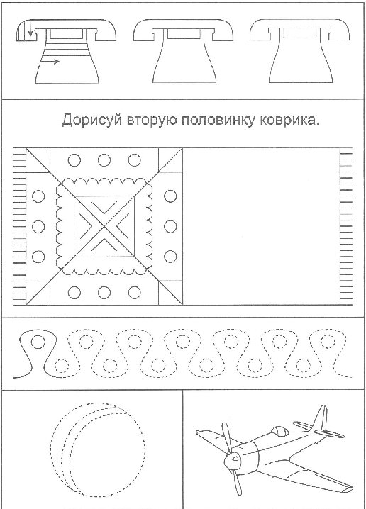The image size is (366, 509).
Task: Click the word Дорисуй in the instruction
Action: pyautogui.click(x=92, y=121)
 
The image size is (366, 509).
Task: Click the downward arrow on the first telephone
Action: pyautogui.click(x=30, y=28)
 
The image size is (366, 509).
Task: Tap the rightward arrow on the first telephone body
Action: pyautogui.click(x=50, y=61)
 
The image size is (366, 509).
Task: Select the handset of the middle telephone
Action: pyautogui.click(x=184, y=30)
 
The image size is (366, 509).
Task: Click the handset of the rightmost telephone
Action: pyautogui.click(x=300, y=30)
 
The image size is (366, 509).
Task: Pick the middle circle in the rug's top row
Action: pyautogui.click(x=104, y=160)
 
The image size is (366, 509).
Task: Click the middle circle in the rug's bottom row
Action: pyautogui.click(x=104, y=292)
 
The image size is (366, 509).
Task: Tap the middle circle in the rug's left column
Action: pyautogui.click(x=38, y=226)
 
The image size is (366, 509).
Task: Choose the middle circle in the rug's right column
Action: pyautogui.click(x=170, y=226)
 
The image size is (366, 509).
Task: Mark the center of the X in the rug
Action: pyautogui.click(x=104, y=226)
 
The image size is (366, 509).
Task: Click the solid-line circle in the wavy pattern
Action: pyautogui.click(x=38, y=342)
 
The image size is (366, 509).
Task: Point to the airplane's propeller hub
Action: pyautogui.click(x=233, y=459)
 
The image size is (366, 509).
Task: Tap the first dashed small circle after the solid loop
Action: pyautogui.click(x=61, y=366)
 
